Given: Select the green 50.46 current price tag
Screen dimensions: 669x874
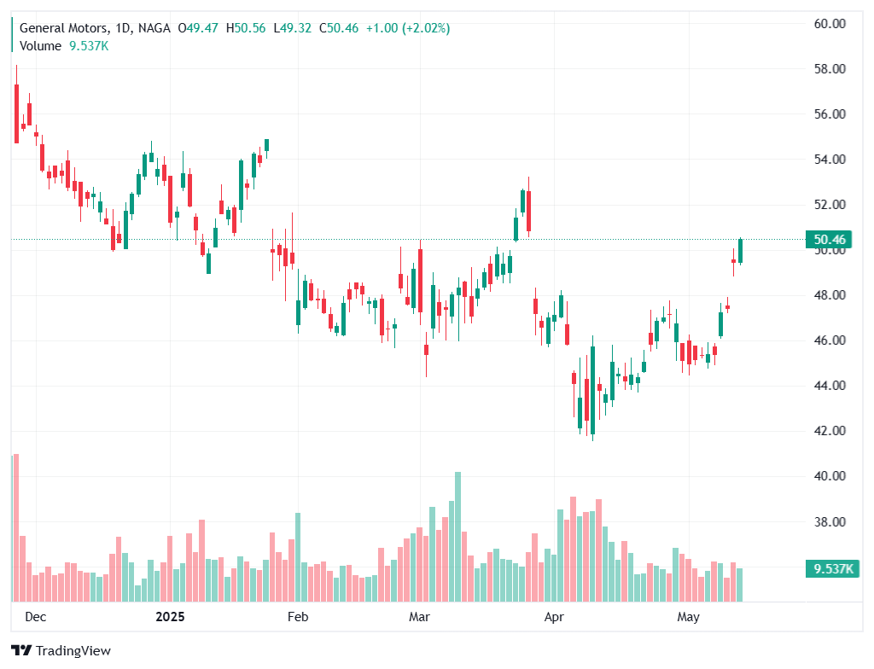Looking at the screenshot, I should point(830,240).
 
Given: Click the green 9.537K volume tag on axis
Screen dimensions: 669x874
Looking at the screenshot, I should point(830,569).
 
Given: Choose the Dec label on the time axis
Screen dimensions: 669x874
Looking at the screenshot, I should point(35,616).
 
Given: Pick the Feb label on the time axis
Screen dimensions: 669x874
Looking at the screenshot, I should point(297,616).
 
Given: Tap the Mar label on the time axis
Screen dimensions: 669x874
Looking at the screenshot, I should point(419,616).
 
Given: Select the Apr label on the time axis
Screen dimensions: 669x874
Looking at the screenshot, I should point(554,616).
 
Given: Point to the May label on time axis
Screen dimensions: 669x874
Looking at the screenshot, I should point(688,616).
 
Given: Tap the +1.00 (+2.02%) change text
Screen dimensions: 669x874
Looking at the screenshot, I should point(408,28).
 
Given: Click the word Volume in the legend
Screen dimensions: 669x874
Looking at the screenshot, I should point(40,46).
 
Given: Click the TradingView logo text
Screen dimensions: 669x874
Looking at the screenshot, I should point(73,651).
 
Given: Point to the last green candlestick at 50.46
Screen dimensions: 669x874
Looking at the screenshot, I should point(740,251).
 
